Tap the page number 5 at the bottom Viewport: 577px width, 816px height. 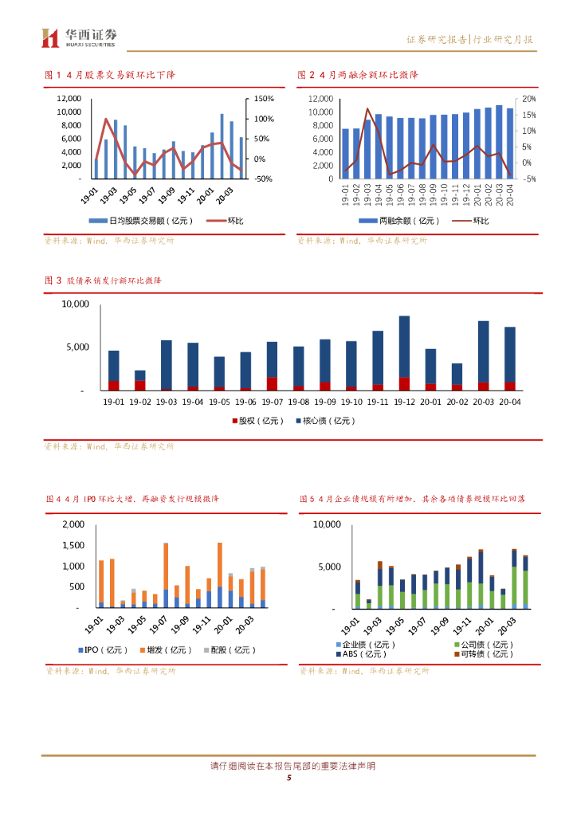pos(288,779)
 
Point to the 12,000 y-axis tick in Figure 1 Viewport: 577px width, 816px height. pos(69,98)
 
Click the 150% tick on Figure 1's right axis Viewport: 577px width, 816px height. pos(265,98)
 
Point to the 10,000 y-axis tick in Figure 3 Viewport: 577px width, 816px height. pos(77,304)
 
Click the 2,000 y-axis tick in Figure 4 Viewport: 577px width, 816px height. pos(73,524)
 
